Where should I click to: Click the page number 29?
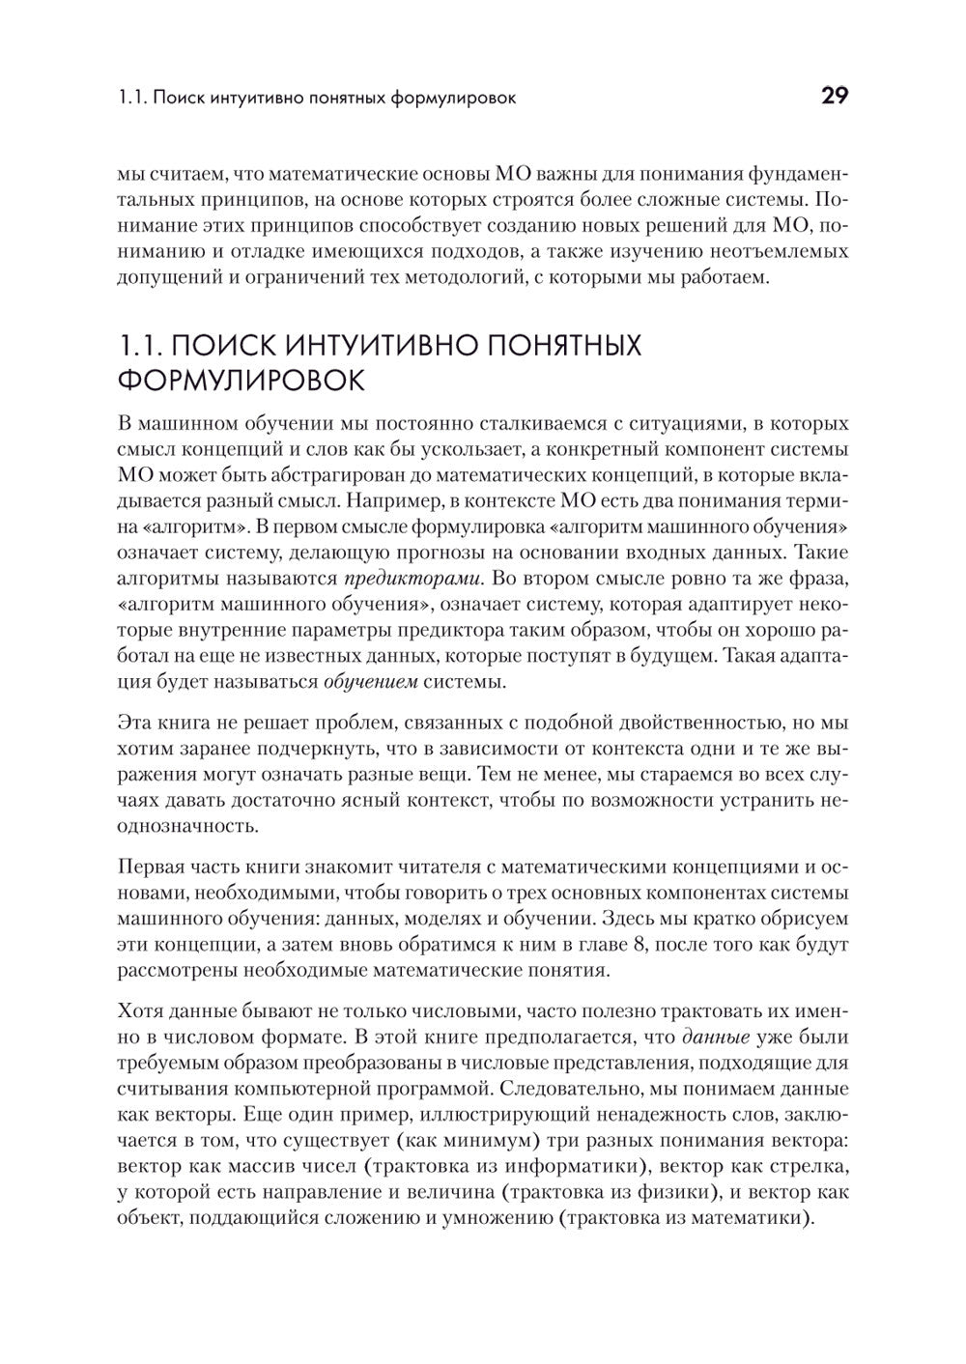point(834,97)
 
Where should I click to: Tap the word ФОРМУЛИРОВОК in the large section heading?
point(241,380)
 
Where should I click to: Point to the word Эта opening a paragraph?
point(133,723)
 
